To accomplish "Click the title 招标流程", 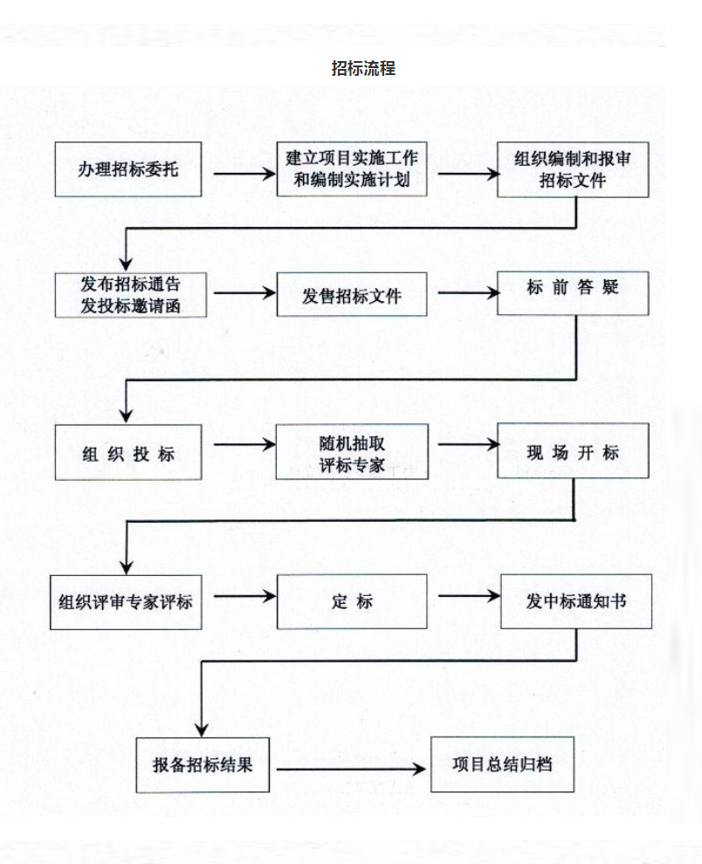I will click(x=363, y=68).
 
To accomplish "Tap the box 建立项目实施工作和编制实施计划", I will click(x=352, y=170).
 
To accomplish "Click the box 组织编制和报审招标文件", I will click(x=573, y=170).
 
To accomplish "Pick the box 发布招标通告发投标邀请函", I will click(x=130, y=295).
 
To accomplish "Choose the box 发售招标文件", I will click(x=352, y=295).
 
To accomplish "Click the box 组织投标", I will click(x=128, y=453).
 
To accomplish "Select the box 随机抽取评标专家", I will click(x=352, y=453).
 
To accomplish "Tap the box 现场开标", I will click(x=573, y=451).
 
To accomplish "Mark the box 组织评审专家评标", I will click(x=126, y=602).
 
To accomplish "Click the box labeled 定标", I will click(x=352, y=602).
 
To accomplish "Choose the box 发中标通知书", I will click(x=575, y=602).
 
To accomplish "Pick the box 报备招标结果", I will click(x=203, y=765).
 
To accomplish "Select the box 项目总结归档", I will click(x=502, y=764).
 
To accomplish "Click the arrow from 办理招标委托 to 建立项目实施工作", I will click(x=244, y=172).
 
